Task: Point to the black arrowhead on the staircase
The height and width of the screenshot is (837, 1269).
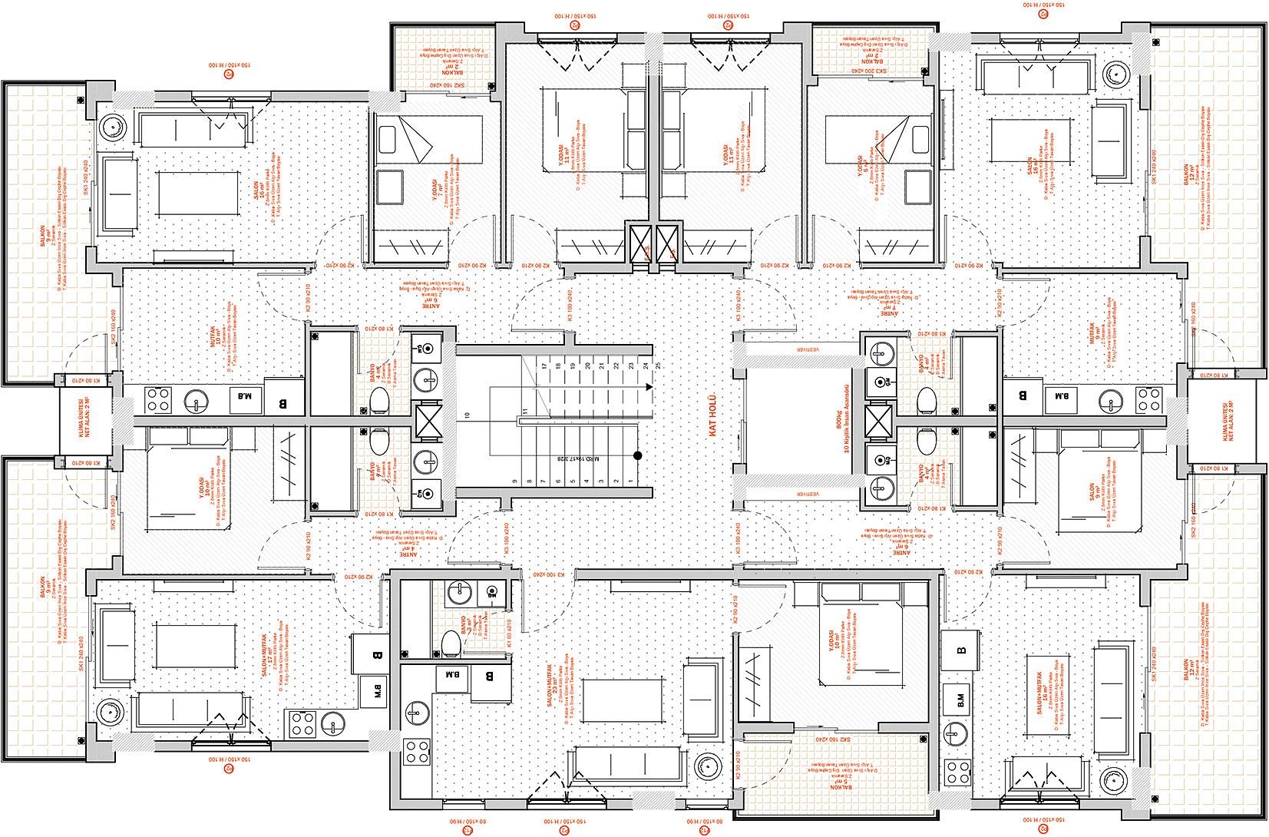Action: (649, 388)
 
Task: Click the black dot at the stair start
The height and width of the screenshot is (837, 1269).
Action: (637, 456)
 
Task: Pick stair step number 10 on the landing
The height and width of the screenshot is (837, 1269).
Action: (467, 415)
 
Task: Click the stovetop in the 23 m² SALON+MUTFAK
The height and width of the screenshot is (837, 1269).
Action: (418, 750)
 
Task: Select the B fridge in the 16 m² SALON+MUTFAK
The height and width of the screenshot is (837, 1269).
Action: (960, 650)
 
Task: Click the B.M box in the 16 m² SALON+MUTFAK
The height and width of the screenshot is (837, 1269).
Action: (960, 700)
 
